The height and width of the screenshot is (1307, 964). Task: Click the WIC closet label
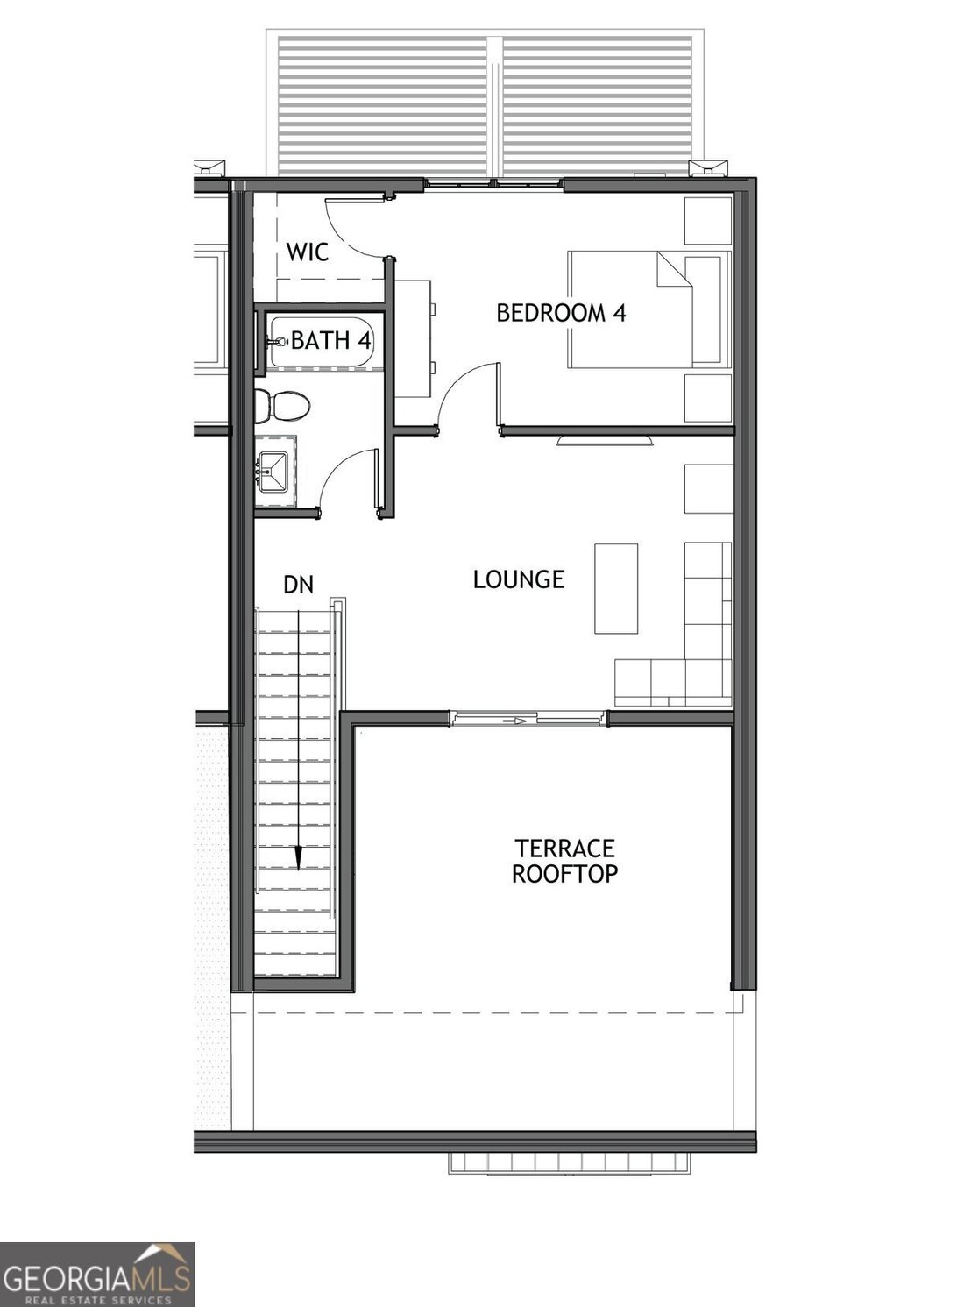point(307,252)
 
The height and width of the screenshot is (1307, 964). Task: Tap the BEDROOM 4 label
point(561,312)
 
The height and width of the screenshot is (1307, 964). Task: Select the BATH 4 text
point(330,340)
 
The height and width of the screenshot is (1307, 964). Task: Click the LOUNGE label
point(519,579)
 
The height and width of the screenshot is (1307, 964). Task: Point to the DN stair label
point(298,585)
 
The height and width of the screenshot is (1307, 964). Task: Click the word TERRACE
point(564,849)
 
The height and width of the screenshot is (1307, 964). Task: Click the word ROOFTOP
point(564,873)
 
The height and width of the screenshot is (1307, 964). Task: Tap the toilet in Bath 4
point(283,405)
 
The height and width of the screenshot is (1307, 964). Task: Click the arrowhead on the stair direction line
point(299,857)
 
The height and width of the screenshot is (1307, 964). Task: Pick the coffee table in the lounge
point(616,589)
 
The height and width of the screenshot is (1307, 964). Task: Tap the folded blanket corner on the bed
point(674,269)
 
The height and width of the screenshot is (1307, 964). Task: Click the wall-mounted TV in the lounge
point(604,440)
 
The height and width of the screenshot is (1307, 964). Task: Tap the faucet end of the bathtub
point(276,341)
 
